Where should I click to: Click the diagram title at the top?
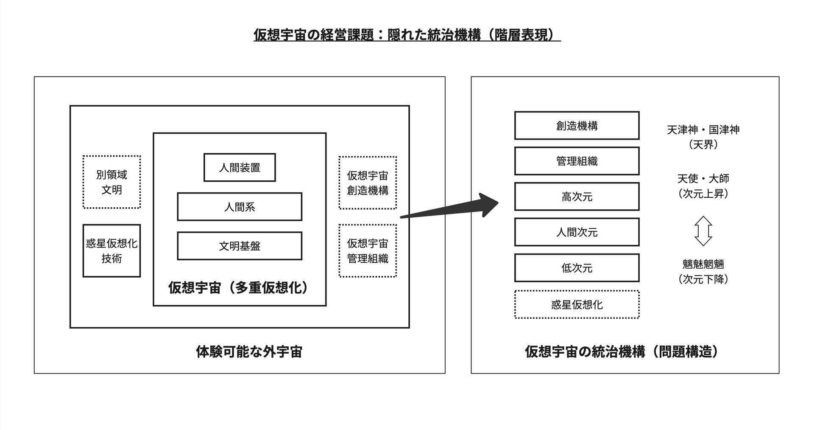(x=407, y=35)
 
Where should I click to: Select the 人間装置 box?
(x=240, y=168)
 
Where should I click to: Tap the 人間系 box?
(x=240, y=207)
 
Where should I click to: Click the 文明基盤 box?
(x=240, y=246)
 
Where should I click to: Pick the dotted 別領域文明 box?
(x=112, y=182)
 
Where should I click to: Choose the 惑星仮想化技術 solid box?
(x=112, y=251)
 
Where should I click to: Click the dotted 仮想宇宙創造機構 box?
(x=368, y=183)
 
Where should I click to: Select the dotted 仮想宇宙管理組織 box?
(x=368, y=251)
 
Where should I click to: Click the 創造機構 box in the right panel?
(x=577, y=126)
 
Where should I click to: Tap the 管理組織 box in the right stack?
(x=577, y=161)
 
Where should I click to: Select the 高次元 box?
(x=577, y=197)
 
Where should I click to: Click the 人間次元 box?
(x=577, y=232)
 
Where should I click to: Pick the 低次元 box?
(x=577, y=268)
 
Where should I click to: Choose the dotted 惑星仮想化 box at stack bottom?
(x=577, y=305)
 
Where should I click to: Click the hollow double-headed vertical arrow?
(x=703, y=231)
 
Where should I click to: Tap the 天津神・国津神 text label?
(x=703, y=130)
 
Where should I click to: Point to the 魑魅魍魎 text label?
(x=703, y=264)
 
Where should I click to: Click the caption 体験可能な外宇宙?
(x=249, y=351)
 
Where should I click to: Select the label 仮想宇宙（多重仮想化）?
(x=240, y=288)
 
